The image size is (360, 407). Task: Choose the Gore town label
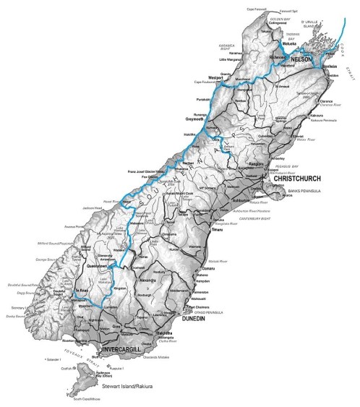(137, 326)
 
